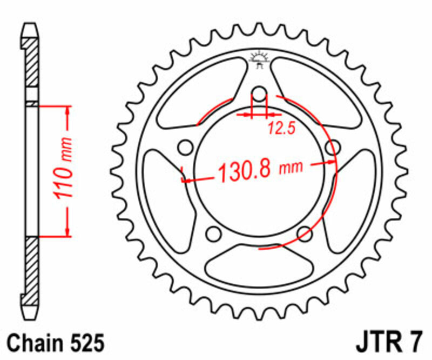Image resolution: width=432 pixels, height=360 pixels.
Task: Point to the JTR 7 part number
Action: pyautogui.click(x=387, y=343)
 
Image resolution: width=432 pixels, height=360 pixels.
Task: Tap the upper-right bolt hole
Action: pyautogui.click(x=333, y=147)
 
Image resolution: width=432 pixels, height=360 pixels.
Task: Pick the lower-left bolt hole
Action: pyautogui.click(x=214, y=233)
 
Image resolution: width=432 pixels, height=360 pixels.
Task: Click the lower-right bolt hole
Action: pyautogui.click(x=305, y=233)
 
